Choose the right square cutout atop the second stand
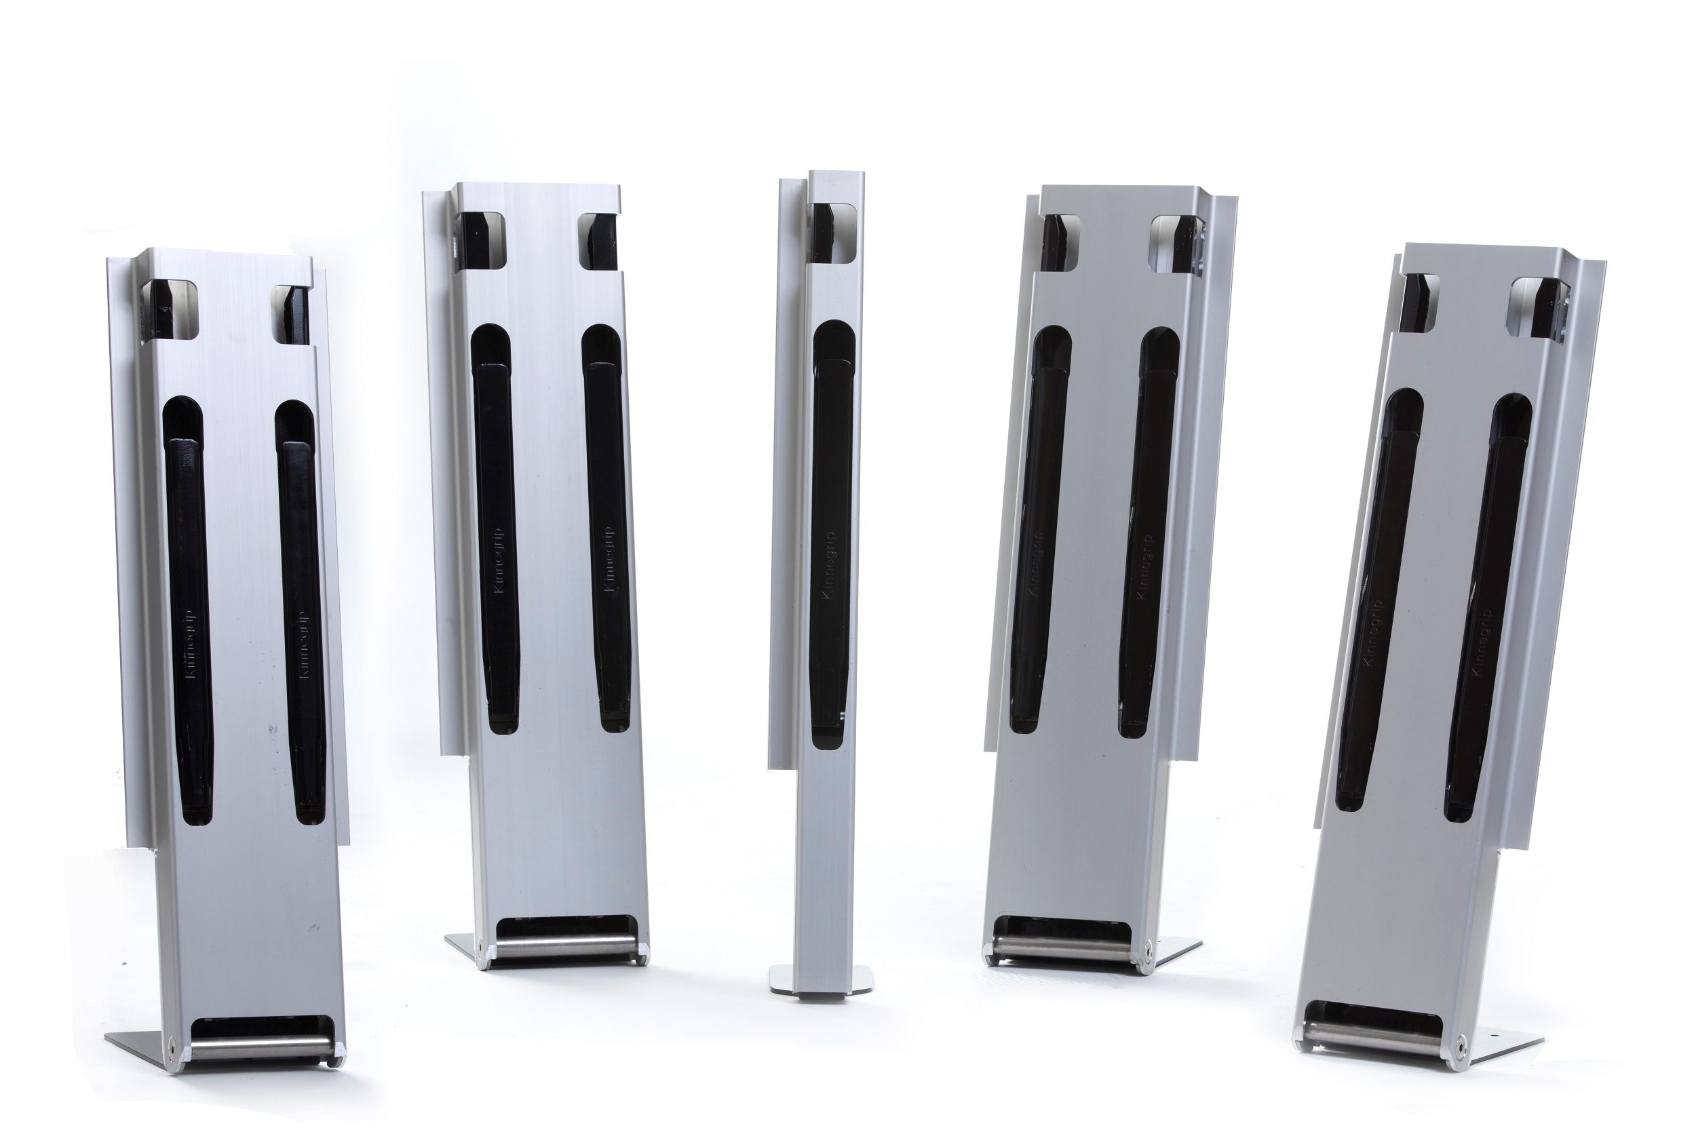598,241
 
